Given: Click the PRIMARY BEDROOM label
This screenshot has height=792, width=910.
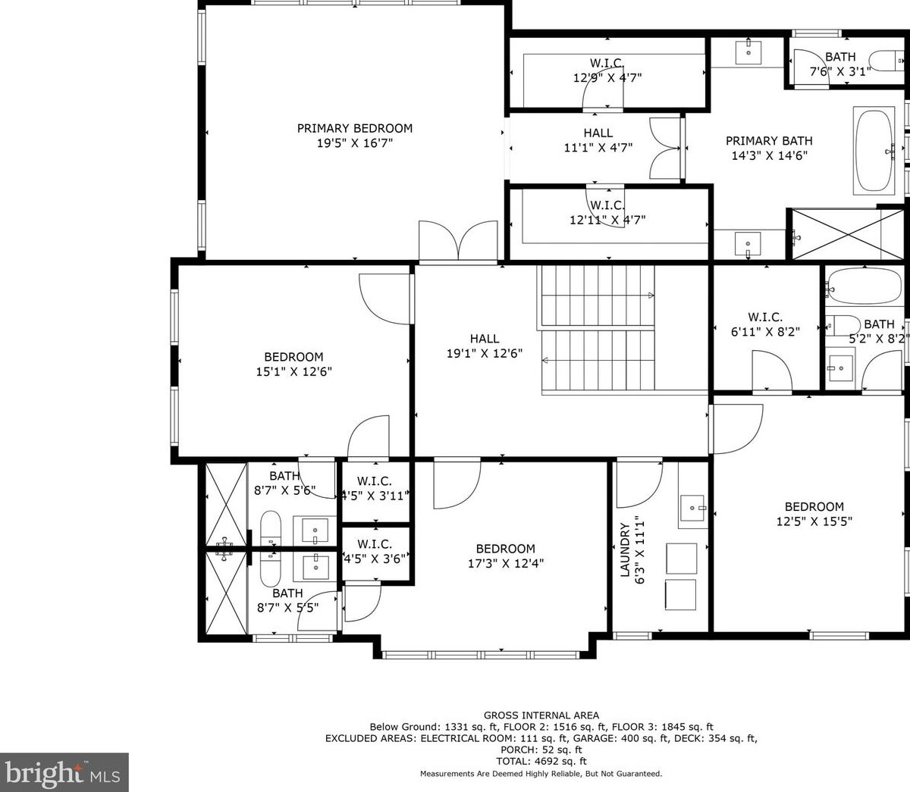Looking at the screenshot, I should point(354,128).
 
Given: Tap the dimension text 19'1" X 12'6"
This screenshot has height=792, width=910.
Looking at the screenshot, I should point(484,353).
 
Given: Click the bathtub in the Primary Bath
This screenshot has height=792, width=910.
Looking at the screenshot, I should point(874,150).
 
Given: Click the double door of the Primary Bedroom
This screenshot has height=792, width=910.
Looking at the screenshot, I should point(458,241).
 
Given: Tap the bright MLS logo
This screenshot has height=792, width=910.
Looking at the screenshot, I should point(64,772).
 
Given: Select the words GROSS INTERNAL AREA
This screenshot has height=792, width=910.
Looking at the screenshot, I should point(541,715).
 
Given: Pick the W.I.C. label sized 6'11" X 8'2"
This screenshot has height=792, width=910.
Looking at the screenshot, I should point(764,317).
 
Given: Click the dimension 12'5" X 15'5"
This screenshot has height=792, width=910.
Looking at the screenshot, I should point(814,521).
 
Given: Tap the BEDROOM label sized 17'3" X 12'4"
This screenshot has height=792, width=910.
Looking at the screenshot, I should point(505,549).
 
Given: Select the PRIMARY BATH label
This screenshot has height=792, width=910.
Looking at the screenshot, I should point(768,140).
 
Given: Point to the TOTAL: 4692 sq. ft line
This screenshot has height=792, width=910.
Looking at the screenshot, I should point(541,761).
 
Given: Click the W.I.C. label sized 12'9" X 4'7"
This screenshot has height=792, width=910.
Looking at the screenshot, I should point(607,62).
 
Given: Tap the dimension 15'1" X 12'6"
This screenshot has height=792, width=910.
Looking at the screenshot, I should point(293,371).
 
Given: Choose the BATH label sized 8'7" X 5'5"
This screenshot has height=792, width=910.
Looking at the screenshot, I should point(287,593).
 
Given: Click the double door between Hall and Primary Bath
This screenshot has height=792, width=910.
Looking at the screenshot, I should point(667,149).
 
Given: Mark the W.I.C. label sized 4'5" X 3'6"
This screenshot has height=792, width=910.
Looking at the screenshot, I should point(374,544).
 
